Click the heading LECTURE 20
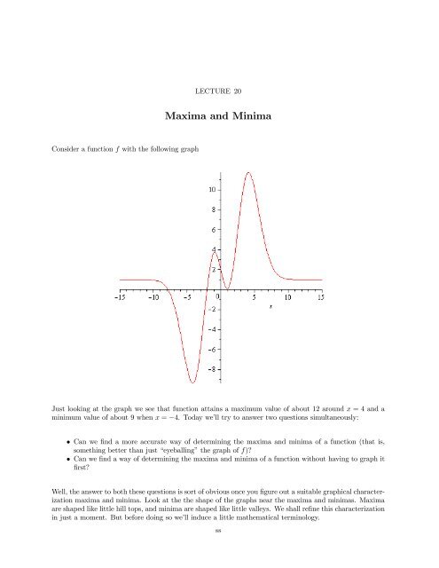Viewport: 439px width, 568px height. [x=218, y=91]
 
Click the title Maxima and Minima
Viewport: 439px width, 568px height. [x=218, y=115]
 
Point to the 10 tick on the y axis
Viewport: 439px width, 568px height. [x=211, y=190]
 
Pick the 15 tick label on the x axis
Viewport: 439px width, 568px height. [x=320, y=298]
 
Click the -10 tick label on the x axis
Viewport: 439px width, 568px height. [x=154, y=298]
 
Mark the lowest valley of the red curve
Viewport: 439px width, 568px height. [x=192, y=383]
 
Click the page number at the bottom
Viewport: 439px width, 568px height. [x=218, y=555]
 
